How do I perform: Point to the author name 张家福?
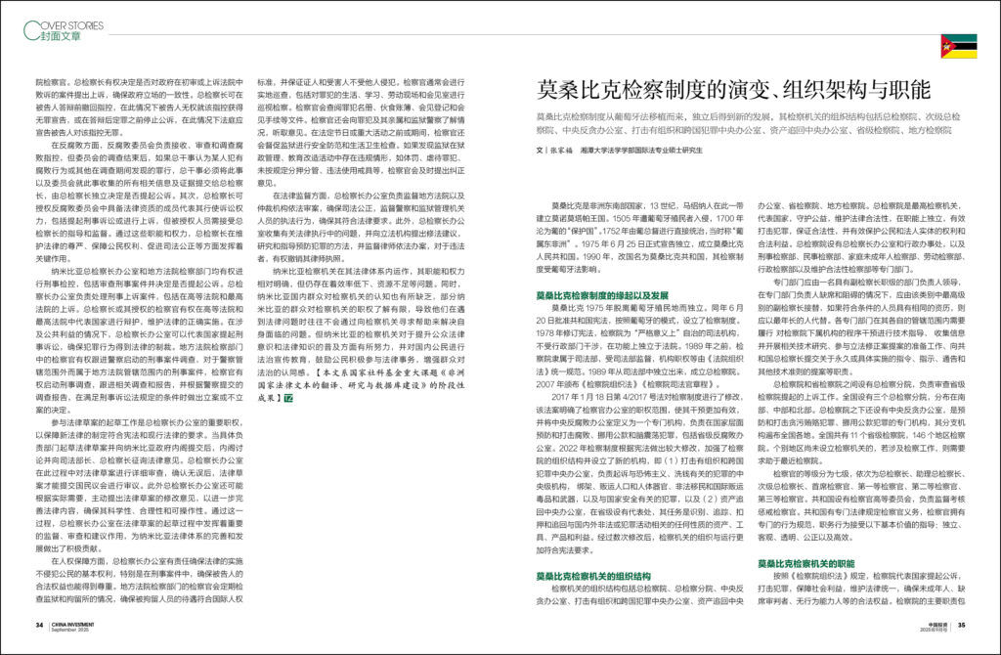click(563, 151)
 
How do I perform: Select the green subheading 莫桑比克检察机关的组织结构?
click(600, 576)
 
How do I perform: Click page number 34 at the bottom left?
click(39, 624)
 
